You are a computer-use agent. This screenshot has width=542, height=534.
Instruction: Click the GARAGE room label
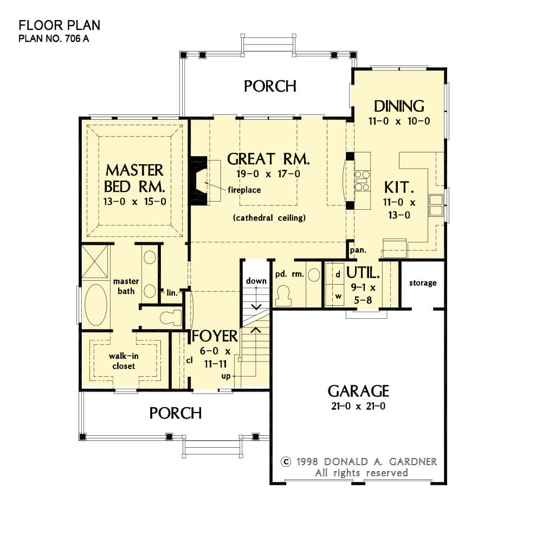358,391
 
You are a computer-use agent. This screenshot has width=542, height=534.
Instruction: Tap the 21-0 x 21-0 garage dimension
358,406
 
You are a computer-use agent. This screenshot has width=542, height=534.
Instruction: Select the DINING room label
399,106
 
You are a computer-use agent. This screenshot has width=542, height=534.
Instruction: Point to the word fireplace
244,190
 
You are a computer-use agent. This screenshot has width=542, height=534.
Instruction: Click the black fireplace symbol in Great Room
198,181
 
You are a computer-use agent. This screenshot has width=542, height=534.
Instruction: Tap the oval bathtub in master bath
96,305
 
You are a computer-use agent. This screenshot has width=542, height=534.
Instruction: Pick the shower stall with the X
94,262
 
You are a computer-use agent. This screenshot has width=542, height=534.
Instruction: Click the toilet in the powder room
283,296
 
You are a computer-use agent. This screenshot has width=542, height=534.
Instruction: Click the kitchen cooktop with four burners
362,181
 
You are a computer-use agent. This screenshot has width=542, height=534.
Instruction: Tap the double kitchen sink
436,205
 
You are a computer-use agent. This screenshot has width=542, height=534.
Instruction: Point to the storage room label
423,283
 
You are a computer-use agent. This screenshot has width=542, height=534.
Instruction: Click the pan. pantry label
358,250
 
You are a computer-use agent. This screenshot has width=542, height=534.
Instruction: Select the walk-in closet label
124,361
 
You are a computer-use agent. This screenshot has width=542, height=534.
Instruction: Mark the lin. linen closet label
172,293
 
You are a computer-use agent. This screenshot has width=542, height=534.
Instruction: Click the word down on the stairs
256,281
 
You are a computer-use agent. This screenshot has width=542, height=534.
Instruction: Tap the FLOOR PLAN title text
60,25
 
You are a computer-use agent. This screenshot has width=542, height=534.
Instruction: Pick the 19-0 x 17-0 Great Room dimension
268,173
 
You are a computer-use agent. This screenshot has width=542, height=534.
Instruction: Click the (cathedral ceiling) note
269,218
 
